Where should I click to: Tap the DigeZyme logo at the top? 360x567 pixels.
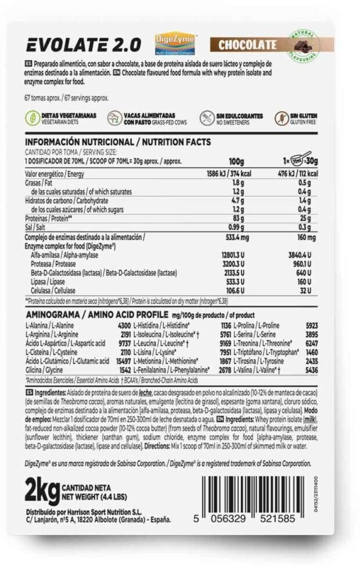point(175,43)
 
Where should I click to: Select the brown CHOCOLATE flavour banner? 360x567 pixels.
point(248,44)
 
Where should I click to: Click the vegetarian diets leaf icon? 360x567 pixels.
point(33,118)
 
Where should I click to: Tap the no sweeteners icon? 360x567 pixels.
point(206,118)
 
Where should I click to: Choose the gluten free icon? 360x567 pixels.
point(282,118)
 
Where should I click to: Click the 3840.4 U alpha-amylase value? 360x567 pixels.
point(300,255)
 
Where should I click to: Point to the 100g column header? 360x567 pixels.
point(236,160)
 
